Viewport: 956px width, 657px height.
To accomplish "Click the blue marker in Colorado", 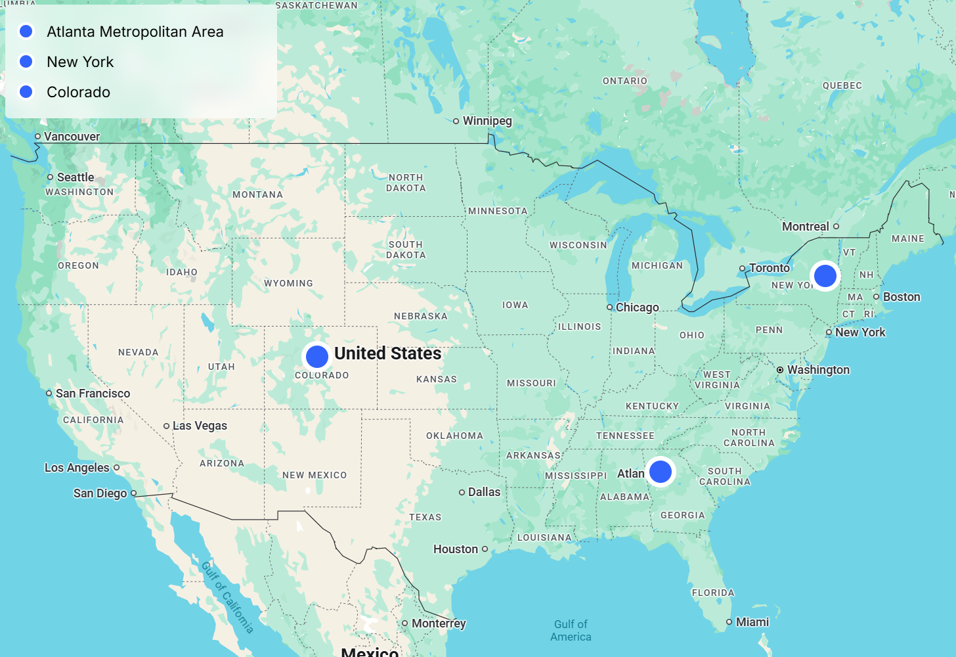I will (317, 356).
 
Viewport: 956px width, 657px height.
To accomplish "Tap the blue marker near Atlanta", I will (661, 471).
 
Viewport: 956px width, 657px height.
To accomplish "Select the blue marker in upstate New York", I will (825, 276).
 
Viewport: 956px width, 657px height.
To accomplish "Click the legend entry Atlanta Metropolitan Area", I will (135, 32).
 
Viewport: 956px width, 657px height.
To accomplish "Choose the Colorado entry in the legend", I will (78, 92).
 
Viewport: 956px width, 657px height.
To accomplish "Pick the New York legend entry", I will (80, 62).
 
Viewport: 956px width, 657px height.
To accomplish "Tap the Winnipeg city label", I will (487, 121).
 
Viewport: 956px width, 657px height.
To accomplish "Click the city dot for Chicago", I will (610, 307).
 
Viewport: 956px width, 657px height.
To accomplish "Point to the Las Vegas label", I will (200, 426).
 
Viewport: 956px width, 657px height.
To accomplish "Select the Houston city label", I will (456, 549).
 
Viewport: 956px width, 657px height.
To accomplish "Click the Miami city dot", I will (729, 622).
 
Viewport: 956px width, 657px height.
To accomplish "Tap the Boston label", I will (902, 297).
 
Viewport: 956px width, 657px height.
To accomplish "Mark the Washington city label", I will (818, 370).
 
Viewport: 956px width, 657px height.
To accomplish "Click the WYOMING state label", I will (288, 283).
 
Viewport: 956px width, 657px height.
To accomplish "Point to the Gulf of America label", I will (571, 631).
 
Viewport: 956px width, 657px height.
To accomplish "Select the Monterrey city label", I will (439, 623).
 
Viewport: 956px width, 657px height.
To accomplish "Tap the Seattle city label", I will (76, 177).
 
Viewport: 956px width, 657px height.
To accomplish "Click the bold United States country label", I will (387, 353).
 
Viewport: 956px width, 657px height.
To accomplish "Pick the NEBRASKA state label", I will (420, 316).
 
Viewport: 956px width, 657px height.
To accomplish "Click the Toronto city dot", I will (743, 268).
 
